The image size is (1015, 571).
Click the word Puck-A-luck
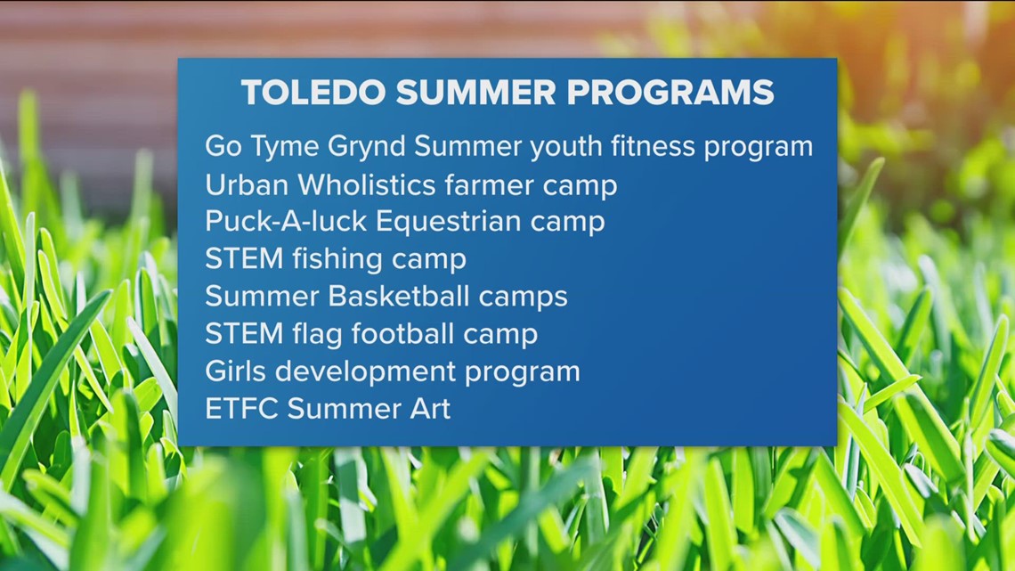[286, 221]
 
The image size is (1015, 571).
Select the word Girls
[233, 371]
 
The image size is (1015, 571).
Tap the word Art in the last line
[430, 408]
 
